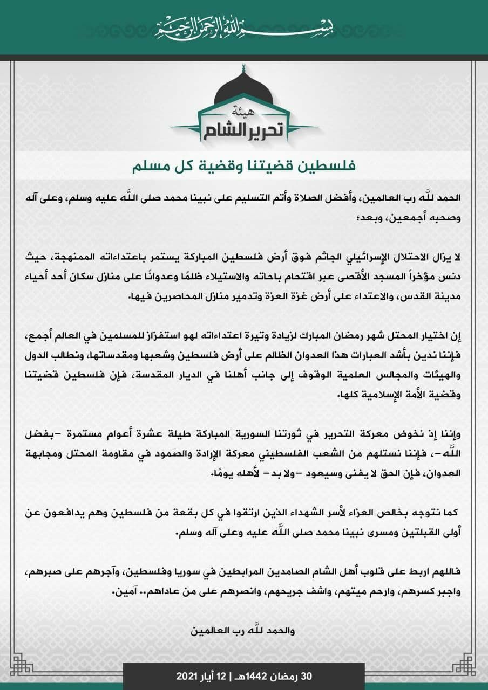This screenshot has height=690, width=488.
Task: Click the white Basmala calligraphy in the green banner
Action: pos(243,25)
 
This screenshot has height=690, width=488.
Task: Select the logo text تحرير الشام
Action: pos(243,130)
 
